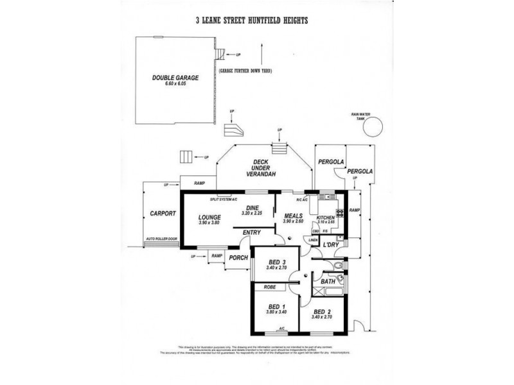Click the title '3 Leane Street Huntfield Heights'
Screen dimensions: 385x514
(x=252, y=21)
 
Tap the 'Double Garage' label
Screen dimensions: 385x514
(x=175, y=78)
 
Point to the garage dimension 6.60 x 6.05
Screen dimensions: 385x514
(x=175, y=84)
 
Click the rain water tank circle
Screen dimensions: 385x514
(x=371, y=128)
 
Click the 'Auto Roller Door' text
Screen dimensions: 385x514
(x=161, y=238)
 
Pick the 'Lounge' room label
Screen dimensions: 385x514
(x=209, y=216)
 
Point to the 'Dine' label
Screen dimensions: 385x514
(x=253, y=207)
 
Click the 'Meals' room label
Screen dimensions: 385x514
(x=294, y=216)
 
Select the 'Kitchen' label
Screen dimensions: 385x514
(x=326, y=218)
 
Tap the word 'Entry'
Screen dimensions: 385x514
(x=252, y=232)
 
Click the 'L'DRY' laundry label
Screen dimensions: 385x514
(x=331, y=245)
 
